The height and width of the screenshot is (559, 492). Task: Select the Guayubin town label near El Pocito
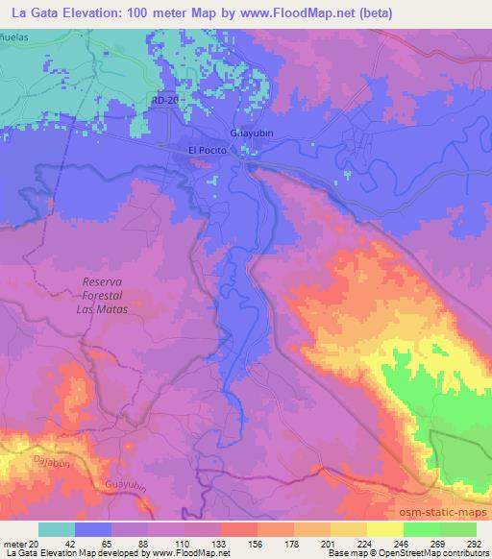click(254, 132)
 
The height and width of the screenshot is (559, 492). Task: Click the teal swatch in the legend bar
click(57, 529)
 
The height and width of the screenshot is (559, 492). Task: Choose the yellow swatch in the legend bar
click(385, 529)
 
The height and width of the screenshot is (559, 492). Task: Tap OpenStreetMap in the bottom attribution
click(382, 552)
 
